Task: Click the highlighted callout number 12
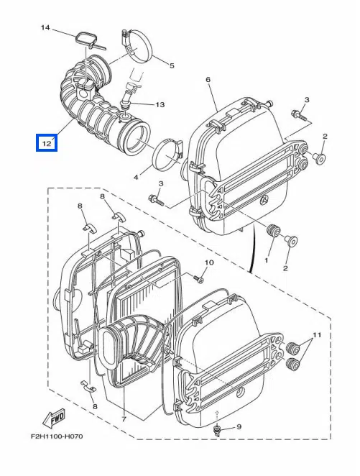[x=47, y=142]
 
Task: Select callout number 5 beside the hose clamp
[x=172, y=65]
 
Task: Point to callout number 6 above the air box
[x=208, y=80]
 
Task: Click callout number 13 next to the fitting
[x=160, y=105]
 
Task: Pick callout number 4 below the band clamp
[x=136, y=177]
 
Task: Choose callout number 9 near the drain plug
[x=239, y=427]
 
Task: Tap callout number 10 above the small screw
[x=209, y=262]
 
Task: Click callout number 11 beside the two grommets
[x=317, y=335]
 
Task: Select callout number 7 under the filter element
[x=124, y=419]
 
